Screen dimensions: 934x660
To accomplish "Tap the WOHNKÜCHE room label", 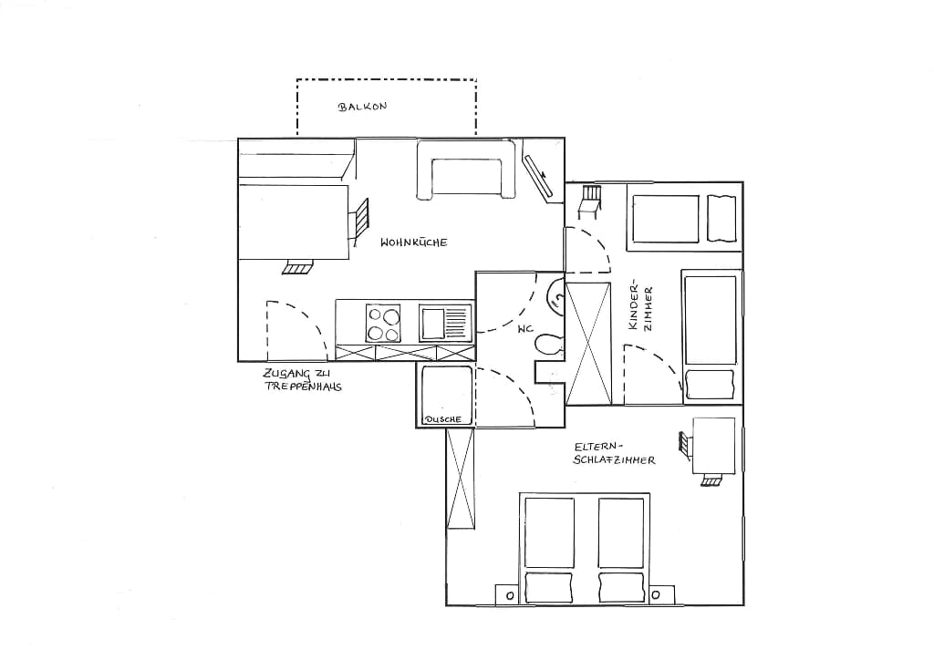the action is click(x=413, y=242).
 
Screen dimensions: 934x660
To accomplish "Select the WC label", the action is click(x=524, y=328).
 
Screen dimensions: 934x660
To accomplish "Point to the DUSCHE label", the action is click(x=443, y=419).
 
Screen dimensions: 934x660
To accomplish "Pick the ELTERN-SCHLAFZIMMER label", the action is click(x=614, y=453).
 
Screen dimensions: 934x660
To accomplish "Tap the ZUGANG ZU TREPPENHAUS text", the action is click(x=303, y=380).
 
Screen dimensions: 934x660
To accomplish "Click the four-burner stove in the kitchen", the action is click(x=383, y=323).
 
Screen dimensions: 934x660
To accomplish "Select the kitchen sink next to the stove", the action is click(x=445, y=323).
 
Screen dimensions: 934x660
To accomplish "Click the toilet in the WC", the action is click(x=548, y=345).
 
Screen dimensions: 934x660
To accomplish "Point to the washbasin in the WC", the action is click(x=555, y=295).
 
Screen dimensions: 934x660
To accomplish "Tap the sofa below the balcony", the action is click(x=465, y=169).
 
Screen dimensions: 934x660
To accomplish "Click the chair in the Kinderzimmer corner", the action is click(x=590, y=202).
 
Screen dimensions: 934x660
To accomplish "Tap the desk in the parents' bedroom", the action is click(x=713, y=446).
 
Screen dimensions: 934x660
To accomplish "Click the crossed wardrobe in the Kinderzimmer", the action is click(x=588, y=344).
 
